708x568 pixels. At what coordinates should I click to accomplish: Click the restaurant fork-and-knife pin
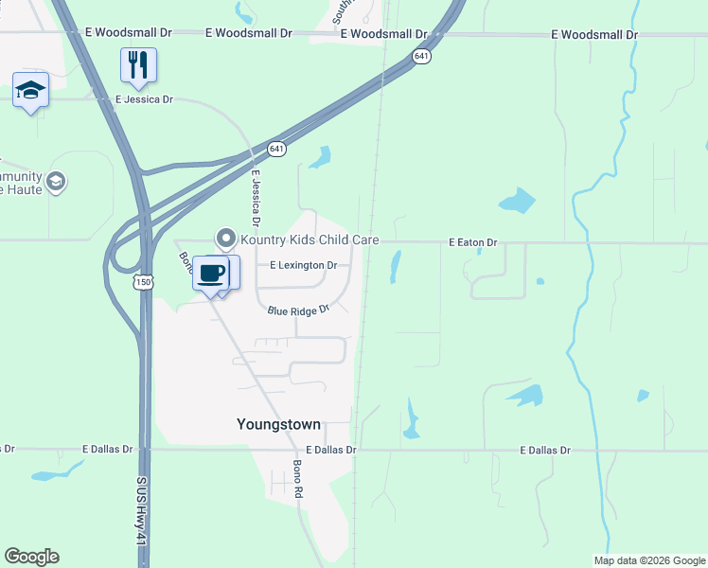coord(138,65)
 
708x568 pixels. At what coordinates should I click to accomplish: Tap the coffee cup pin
coord(212,273)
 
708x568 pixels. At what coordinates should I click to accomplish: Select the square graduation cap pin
coord(30,91)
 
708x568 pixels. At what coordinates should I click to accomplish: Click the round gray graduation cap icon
coord(56,181)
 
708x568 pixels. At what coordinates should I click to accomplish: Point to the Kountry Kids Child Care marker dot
coord(225,238)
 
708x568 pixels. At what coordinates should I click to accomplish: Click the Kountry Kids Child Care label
coord(310,240)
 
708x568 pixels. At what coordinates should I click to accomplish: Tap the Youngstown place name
coord(278,425)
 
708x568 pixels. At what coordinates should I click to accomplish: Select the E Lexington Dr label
coord(303,266)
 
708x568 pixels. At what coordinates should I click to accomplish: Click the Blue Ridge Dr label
coord(297,310)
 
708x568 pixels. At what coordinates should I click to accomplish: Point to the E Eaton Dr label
coord(472,243)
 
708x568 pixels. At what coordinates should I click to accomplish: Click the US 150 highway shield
coord(144,282)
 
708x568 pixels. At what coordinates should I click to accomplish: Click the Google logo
coord(31,557)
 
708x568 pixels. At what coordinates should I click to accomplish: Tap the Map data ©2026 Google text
coord(649,560)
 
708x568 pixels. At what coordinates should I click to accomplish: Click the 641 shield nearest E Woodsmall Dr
coord(421,57)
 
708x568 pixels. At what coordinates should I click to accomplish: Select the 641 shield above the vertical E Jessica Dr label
coord(276,149)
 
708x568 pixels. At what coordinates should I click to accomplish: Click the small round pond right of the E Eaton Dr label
coord(540,281)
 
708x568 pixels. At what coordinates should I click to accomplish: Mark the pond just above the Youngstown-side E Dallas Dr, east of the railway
coord(411,421)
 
